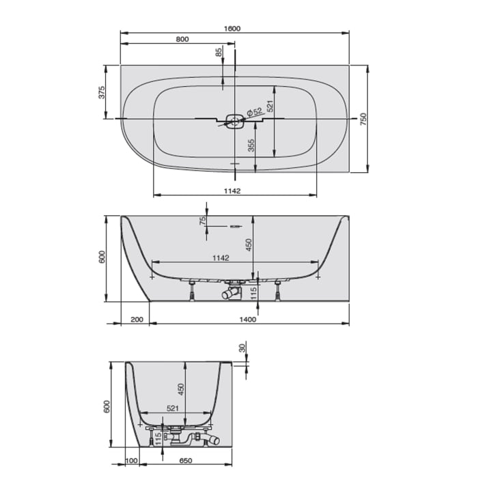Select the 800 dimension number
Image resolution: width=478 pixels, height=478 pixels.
point(182,40)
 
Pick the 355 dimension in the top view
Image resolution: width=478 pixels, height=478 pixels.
point(251,145)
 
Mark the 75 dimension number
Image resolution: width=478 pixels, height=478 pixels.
point(202,221)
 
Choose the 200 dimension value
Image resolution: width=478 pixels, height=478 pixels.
point(136,319)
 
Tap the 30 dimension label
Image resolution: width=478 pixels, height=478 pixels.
point(242,348)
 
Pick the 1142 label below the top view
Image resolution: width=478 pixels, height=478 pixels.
point(232,191)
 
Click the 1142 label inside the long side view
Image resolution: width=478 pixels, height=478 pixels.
point(219,258)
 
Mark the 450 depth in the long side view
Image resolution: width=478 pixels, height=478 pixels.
point(249,244)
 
